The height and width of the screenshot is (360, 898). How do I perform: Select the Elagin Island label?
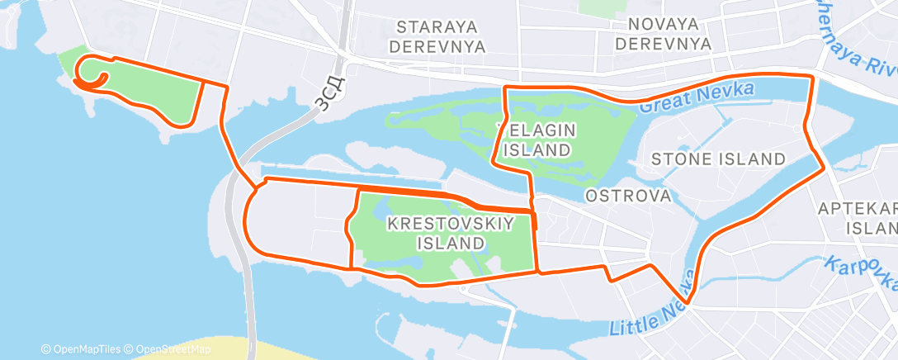[x=536, y=140]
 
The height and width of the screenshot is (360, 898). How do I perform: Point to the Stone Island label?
[x=717, y=158]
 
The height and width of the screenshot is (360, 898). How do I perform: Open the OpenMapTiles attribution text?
[x=82, y=348]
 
